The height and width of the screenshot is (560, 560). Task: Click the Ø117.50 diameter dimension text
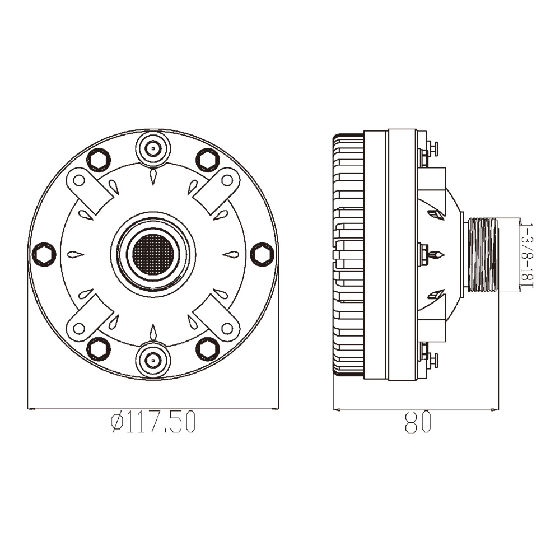153,422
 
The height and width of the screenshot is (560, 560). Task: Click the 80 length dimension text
418,422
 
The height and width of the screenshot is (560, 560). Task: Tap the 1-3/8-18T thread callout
527,255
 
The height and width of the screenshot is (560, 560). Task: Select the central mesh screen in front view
153,254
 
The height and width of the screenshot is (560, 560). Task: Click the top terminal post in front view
153,148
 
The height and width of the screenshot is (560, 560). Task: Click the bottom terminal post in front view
153,360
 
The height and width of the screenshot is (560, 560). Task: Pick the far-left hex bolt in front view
44,254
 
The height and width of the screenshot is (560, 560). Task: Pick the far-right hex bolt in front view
262,254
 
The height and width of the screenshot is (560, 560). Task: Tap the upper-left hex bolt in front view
99,160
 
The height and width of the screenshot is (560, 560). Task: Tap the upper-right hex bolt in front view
208,160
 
